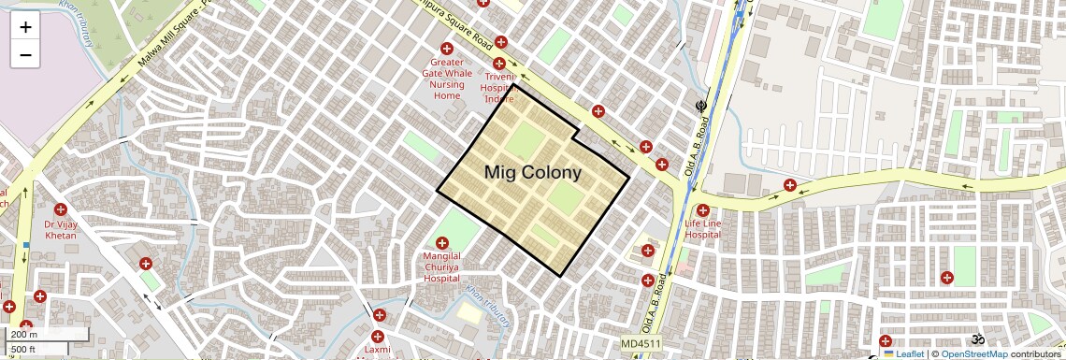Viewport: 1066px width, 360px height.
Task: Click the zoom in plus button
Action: [x=25, y=27]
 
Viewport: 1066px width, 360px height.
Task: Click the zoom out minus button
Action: [x=25, y=55]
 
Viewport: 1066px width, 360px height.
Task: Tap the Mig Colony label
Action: [x=532, y=173]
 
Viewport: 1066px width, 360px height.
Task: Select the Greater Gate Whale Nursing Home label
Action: [x=447, y=79]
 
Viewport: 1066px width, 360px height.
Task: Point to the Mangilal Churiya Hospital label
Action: [x=441, y=266]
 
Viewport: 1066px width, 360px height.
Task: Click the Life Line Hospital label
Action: [x=702, y=230]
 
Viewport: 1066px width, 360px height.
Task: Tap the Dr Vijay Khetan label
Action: [x=61, y=230]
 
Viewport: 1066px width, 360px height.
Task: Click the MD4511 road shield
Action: [x=641, y=344]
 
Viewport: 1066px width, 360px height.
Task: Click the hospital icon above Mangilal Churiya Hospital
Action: [x=442, y=243]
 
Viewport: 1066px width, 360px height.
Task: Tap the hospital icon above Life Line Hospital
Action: [x=702, y=210]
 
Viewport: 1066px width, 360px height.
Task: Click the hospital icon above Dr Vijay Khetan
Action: [x=61, y=209]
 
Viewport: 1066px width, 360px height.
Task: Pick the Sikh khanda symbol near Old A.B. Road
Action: [x=700, y=107]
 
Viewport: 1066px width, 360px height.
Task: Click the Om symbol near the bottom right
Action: [x=979, y=338]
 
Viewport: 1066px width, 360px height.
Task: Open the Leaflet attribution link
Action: [x=903, y=354]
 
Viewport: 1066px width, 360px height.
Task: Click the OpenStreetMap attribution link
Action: [x=973, y=354]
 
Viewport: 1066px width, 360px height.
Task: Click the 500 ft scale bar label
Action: [x=23, y=349]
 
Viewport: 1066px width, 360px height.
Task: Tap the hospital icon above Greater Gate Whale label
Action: [x=446, y=49]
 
